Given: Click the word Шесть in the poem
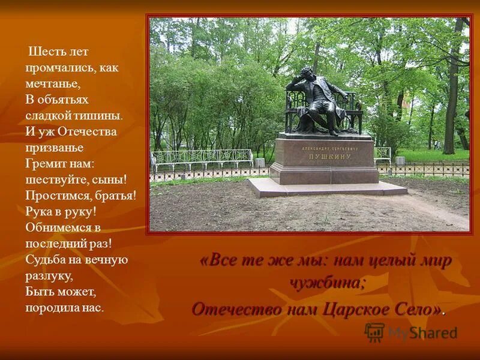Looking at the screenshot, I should [x=43, y=52].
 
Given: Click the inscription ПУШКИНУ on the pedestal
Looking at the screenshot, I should [x=326, y=155].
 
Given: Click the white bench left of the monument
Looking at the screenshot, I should [x=201, y=159].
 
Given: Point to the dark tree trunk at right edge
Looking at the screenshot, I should [x=451, y=90].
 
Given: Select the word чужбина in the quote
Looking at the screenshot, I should [x=328, y=283].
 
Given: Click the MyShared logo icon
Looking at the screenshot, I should [x=374, y=332].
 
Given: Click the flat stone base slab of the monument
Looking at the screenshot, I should [x=327, y=188].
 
